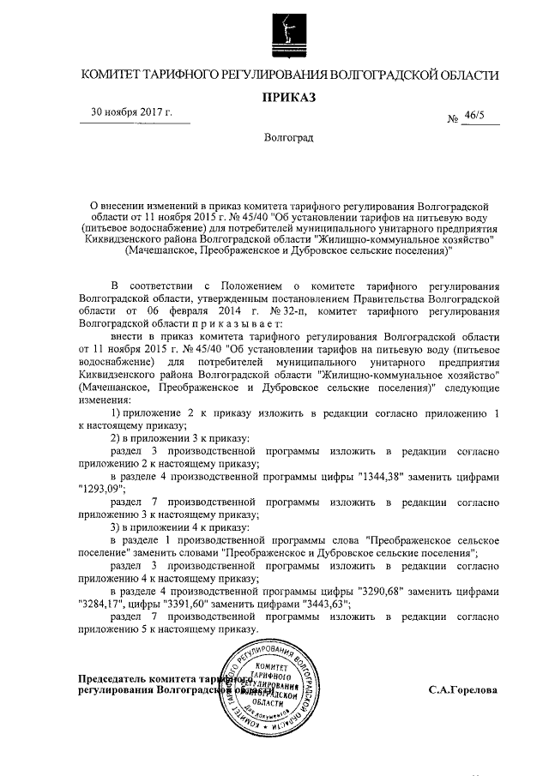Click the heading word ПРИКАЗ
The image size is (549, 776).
coord(289,97)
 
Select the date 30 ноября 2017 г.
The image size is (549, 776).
coord(133,113)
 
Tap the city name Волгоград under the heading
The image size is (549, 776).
coord(289,138)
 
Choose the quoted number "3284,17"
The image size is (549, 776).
coord(101,604)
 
